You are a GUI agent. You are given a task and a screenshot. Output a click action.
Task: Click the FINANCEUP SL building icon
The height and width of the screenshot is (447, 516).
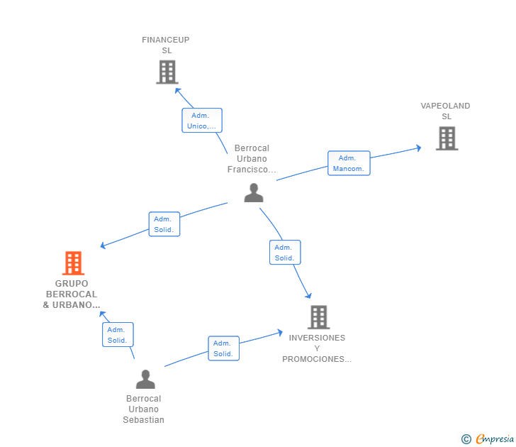click(167, 72)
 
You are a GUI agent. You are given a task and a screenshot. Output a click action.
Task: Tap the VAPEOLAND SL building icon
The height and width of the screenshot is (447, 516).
click(447, 138)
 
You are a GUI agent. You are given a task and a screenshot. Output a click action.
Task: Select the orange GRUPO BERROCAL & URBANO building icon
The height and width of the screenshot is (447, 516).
click(73, 263)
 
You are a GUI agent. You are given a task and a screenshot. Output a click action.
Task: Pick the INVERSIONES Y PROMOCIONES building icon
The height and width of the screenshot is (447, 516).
click(318, 317)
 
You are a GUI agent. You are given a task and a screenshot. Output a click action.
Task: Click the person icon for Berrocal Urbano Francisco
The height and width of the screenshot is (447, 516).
click(253, 192)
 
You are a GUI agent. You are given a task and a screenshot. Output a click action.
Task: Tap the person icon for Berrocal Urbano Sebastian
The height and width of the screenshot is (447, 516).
click(145, 380)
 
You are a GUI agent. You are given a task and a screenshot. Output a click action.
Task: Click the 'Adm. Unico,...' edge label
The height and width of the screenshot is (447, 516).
click(202, 121)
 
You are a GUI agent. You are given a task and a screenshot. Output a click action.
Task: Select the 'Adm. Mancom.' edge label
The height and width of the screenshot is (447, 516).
click(349, 163)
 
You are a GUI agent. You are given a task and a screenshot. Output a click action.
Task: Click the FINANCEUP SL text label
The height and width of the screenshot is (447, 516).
click(166, 45)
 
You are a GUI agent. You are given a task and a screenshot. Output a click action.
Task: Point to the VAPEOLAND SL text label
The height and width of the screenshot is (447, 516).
click(445, 111)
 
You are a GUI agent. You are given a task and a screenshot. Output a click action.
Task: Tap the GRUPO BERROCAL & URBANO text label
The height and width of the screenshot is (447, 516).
click(72, 294)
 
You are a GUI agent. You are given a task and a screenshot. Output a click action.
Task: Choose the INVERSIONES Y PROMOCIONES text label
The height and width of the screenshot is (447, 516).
click(317, 348)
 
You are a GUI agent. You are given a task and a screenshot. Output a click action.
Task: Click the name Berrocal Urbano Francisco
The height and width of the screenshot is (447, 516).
click(252, 159)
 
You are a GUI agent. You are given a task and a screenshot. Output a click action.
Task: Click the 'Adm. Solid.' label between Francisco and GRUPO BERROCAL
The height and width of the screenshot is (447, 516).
click(164, 224)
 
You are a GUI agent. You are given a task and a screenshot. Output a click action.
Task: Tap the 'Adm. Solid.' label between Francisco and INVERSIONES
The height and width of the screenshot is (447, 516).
click(285, 253)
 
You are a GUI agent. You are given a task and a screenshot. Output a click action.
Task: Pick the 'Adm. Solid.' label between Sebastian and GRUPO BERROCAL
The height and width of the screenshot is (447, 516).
click(118, 335)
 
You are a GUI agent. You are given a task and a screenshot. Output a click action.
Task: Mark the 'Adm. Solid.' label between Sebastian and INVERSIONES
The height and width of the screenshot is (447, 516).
click(223, 348)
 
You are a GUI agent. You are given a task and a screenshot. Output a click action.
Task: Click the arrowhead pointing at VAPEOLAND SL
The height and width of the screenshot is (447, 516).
click(419, 148)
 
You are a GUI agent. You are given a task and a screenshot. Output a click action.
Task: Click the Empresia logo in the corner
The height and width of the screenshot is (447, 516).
click(488, 439)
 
